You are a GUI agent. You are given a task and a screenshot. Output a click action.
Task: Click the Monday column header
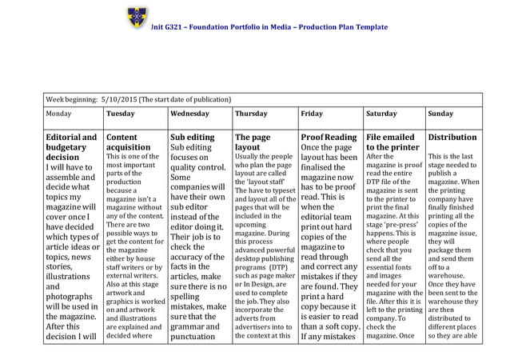click(x=58, y=114)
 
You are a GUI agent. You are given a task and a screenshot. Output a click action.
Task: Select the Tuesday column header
click(x=120, y=114)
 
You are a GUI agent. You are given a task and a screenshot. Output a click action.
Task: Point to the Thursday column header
click(x=252, y=114)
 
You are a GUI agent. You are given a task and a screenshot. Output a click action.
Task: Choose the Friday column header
click(x=312, y=114)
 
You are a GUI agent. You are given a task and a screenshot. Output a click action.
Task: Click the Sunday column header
click(x=440, y=114)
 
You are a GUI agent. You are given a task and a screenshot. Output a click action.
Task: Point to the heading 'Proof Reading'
click(x=329, y=137)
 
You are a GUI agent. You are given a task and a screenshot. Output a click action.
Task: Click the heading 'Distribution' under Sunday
click(x=452, y=137)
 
